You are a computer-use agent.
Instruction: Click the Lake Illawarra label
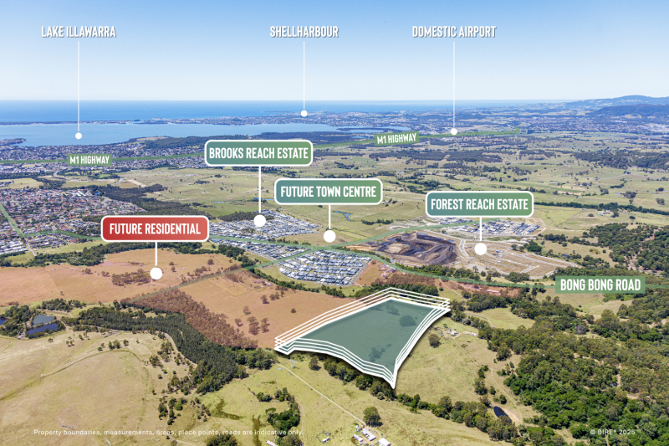pyautogui.click(x=79, y=32)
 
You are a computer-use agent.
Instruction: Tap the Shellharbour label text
pyautogui.click(x=304, y=32)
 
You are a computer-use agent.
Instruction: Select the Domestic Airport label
pyautogui.click(x=454, y=32)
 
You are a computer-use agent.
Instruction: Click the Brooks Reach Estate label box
pyautogui.click(x=259, y=153)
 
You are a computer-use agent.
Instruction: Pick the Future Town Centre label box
pyautogui.click(x=329, y=191)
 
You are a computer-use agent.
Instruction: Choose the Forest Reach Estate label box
pyautogui.click(x=480, y=204)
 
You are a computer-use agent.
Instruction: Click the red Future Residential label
pyautogui.click(x=155, y=228)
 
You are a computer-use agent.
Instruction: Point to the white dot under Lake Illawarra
pyautogui.click(x=79, y=135)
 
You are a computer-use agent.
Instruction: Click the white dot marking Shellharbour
pyautogui.click(x=304, y=112)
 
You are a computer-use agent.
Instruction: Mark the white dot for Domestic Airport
pyautogui.click(x=454, y=131)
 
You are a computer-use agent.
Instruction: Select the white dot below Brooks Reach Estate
pyautogui.click(x=259, y=221)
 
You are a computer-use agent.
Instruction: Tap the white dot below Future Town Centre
pyautogui.click(x=329, y=236)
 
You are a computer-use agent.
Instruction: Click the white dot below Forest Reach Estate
pyautogui.click(x=481, y=249)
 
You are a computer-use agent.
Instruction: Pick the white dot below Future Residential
pyautogui.click(x=156, y=273)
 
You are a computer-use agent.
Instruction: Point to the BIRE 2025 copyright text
pyautogui.click(x=613, y=433)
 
